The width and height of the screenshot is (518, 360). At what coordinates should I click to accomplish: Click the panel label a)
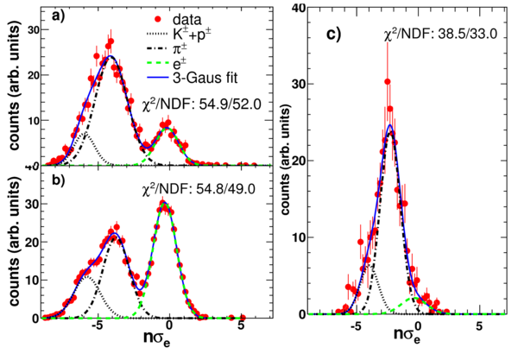point(59,16)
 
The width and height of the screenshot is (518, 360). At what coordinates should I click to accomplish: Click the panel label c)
point(333,35)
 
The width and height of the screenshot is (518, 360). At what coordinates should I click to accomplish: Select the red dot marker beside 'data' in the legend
point(158,20)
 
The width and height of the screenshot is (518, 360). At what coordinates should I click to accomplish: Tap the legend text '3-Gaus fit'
point(205,79)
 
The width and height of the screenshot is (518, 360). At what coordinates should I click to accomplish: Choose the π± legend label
point(180,48)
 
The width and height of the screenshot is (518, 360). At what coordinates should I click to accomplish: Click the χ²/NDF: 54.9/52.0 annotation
point(201,104)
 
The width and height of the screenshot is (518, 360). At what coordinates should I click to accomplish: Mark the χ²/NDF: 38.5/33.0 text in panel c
point(440,35)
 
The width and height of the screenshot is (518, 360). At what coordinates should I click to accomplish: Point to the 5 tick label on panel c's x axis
point(479,327)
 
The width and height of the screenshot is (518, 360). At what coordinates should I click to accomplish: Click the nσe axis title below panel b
point(157,338)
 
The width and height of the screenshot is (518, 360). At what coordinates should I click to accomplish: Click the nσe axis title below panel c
point(407,335)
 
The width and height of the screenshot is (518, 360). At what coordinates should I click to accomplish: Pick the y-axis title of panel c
point(285,159)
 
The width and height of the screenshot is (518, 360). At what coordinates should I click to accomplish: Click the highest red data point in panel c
point(388,81)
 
